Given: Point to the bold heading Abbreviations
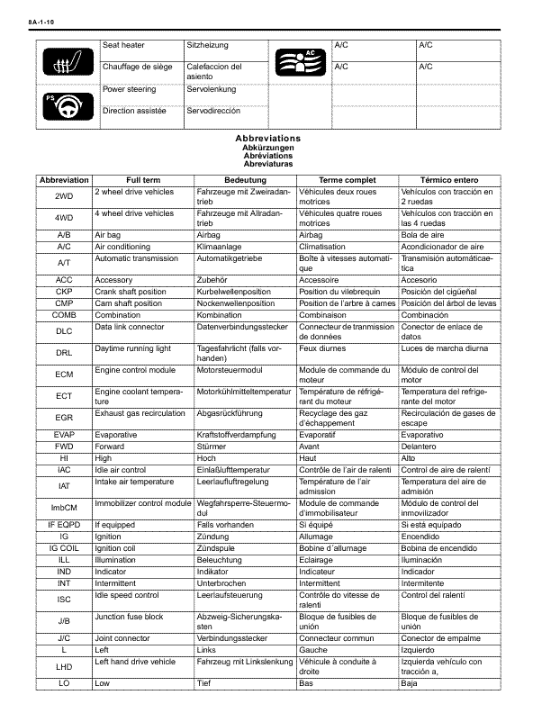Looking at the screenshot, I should coord(267,138).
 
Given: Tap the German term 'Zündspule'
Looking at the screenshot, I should coord(216,547).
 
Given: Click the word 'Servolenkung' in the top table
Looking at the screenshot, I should coord(211,90).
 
